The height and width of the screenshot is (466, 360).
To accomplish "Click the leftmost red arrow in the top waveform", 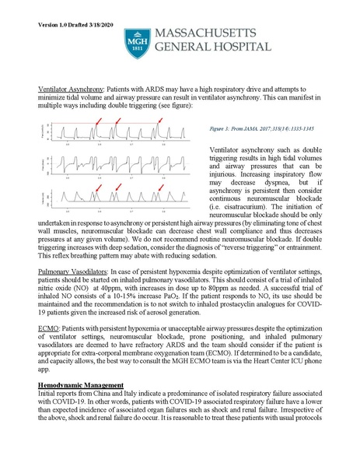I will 97,121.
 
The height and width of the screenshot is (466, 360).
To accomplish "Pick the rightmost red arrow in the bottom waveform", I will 160,187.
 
